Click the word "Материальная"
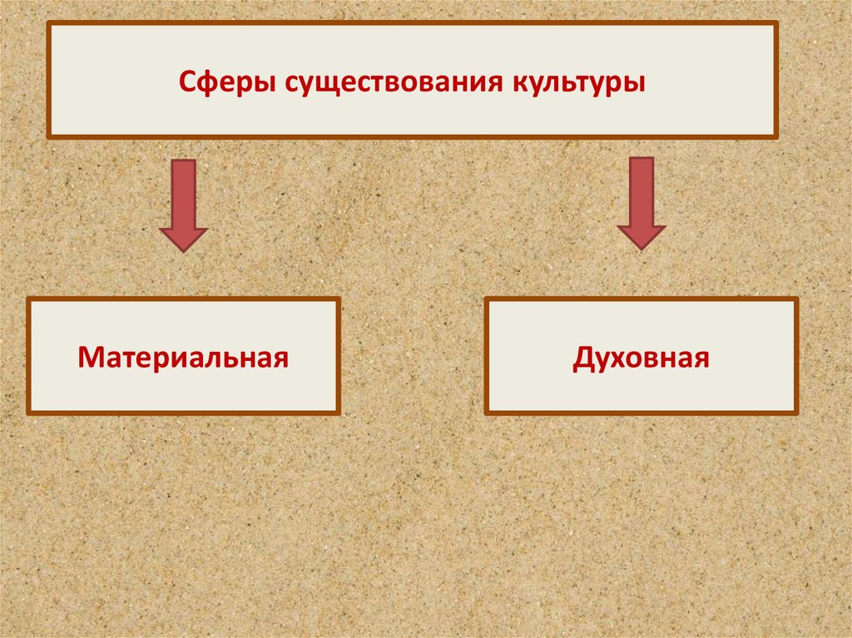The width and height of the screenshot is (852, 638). [x=183, y=358]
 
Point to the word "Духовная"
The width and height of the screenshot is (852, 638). [x=641, y=358]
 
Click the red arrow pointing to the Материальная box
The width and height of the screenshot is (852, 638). [x=183, y=204]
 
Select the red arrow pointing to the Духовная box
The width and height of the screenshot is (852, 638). [x=641, y=203]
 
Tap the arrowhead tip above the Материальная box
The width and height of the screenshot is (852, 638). [x=183, y=250]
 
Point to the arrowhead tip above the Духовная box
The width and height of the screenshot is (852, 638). [x=641, y=248]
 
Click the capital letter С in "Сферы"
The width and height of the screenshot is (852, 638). [x=188, y=84]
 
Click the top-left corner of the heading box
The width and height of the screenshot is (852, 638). [x=48, y=23]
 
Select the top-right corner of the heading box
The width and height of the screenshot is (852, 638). [x=776, y=23]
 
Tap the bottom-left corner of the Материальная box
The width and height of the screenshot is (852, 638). [x=28, y=412]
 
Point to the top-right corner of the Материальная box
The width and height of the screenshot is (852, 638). [x=339, y=299]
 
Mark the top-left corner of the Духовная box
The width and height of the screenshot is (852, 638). [x=486, y=299]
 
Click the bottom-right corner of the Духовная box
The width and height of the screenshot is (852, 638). [x=796, y=412]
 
